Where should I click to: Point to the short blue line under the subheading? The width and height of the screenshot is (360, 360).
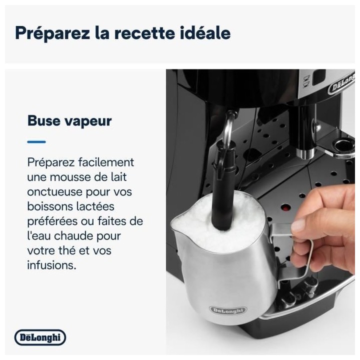click(36, 142)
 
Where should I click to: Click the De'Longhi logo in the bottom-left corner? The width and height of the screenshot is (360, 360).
click(40, 338)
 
